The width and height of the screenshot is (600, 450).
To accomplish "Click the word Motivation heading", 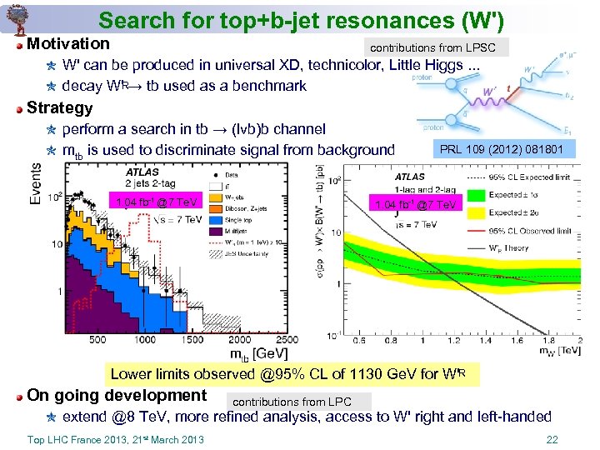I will pos(68,43).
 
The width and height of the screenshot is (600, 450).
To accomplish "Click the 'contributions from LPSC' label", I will pos(432,47).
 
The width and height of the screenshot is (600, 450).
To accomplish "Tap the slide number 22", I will pos(551,440).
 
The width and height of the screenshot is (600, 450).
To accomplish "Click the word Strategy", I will pos(60,107).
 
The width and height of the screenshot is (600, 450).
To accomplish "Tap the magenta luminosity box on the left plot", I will pos(157,202).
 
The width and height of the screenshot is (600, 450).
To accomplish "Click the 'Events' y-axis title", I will pos(35,183).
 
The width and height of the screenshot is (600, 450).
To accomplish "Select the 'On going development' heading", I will pos(117,395).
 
